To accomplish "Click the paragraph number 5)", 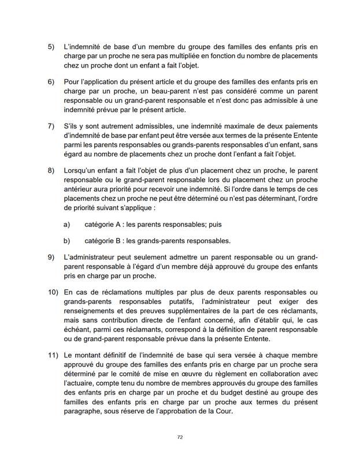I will point(51,45).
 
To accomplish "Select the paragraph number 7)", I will point(51,126).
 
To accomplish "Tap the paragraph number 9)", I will point(51,255).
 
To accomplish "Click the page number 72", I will point(180,438).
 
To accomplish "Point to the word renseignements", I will point(92,312).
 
